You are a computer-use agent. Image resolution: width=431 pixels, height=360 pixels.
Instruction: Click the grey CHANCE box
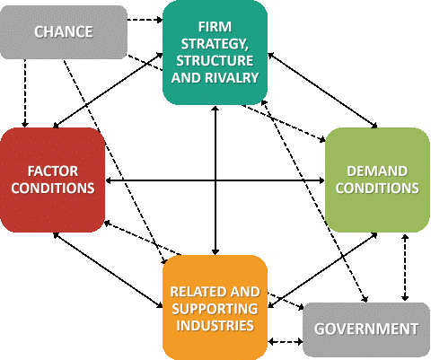64,32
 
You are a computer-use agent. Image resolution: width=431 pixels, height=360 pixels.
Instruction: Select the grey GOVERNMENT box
366,329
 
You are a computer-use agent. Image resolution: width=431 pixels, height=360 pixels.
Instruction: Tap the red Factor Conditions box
53,180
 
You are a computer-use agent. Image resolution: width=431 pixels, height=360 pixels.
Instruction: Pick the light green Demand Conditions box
377,180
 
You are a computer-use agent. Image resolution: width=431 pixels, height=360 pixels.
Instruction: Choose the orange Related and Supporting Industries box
215,308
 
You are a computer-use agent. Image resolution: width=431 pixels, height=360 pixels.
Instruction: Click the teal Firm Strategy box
215,52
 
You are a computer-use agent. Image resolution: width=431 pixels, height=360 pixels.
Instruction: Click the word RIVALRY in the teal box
232,78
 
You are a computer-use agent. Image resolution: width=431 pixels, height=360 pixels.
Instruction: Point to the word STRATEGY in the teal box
215,44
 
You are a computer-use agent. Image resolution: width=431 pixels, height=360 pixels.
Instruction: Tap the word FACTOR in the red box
53,171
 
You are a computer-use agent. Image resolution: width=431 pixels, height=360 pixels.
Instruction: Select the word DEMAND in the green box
377,171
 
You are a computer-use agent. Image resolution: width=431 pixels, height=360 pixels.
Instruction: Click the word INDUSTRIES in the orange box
215,325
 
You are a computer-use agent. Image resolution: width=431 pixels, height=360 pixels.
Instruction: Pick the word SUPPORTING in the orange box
215,309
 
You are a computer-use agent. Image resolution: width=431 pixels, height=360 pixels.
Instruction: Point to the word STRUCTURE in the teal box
215,61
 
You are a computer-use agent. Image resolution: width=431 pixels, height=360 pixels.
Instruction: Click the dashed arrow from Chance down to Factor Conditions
25,93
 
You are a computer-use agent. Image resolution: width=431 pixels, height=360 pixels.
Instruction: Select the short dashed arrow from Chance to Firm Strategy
145,20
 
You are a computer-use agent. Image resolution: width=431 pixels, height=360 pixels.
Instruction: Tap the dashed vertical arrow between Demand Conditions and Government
405,268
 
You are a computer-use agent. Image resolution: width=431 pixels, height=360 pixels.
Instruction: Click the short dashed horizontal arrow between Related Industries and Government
286,341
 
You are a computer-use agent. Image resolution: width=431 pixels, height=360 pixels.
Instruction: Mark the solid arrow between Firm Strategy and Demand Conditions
322,91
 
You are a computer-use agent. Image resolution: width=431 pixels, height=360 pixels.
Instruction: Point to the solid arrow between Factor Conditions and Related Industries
108,270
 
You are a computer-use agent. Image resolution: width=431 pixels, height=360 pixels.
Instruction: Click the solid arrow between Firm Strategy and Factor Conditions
108,91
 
